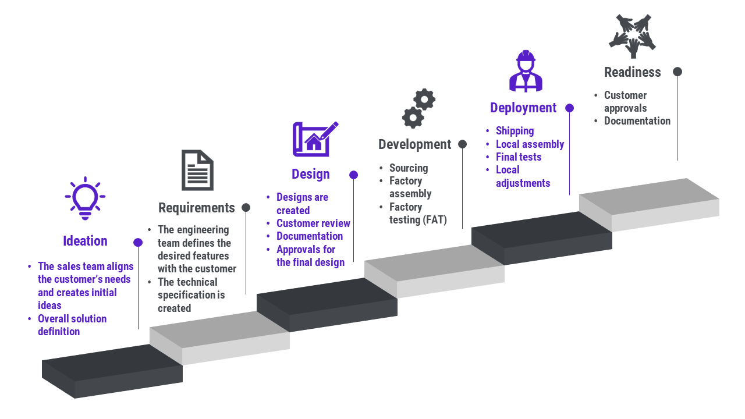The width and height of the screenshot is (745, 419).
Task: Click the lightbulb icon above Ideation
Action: point(85,198)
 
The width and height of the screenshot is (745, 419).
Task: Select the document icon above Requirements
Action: point(197,171)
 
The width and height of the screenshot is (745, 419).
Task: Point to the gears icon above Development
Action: point(418,108)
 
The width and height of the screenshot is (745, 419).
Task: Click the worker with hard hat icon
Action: point(526,71)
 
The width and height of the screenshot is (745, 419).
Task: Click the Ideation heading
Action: point(85,241)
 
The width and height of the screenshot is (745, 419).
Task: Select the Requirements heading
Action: point(197,208)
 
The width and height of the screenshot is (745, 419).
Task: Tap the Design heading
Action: point(311,174)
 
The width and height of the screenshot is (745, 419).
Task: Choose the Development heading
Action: point(414,144)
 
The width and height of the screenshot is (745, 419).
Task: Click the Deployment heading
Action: point(523,108)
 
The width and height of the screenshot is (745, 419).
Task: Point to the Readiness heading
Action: point(632,72)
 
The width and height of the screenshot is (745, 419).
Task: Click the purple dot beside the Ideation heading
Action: point(138,242)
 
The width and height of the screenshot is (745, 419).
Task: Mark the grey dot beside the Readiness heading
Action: point(677,72)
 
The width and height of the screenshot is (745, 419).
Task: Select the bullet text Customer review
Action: point(313,223)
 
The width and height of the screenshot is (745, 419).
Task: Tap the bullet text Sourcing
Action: point(409,168)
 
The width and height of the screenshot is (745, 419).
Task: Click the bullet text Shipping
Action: point(515,131)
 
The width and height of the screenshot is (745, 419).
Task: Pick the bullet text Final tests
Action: point(519,157)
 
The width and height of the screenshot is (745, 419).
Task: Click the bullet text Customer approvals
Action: point(625,102)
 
